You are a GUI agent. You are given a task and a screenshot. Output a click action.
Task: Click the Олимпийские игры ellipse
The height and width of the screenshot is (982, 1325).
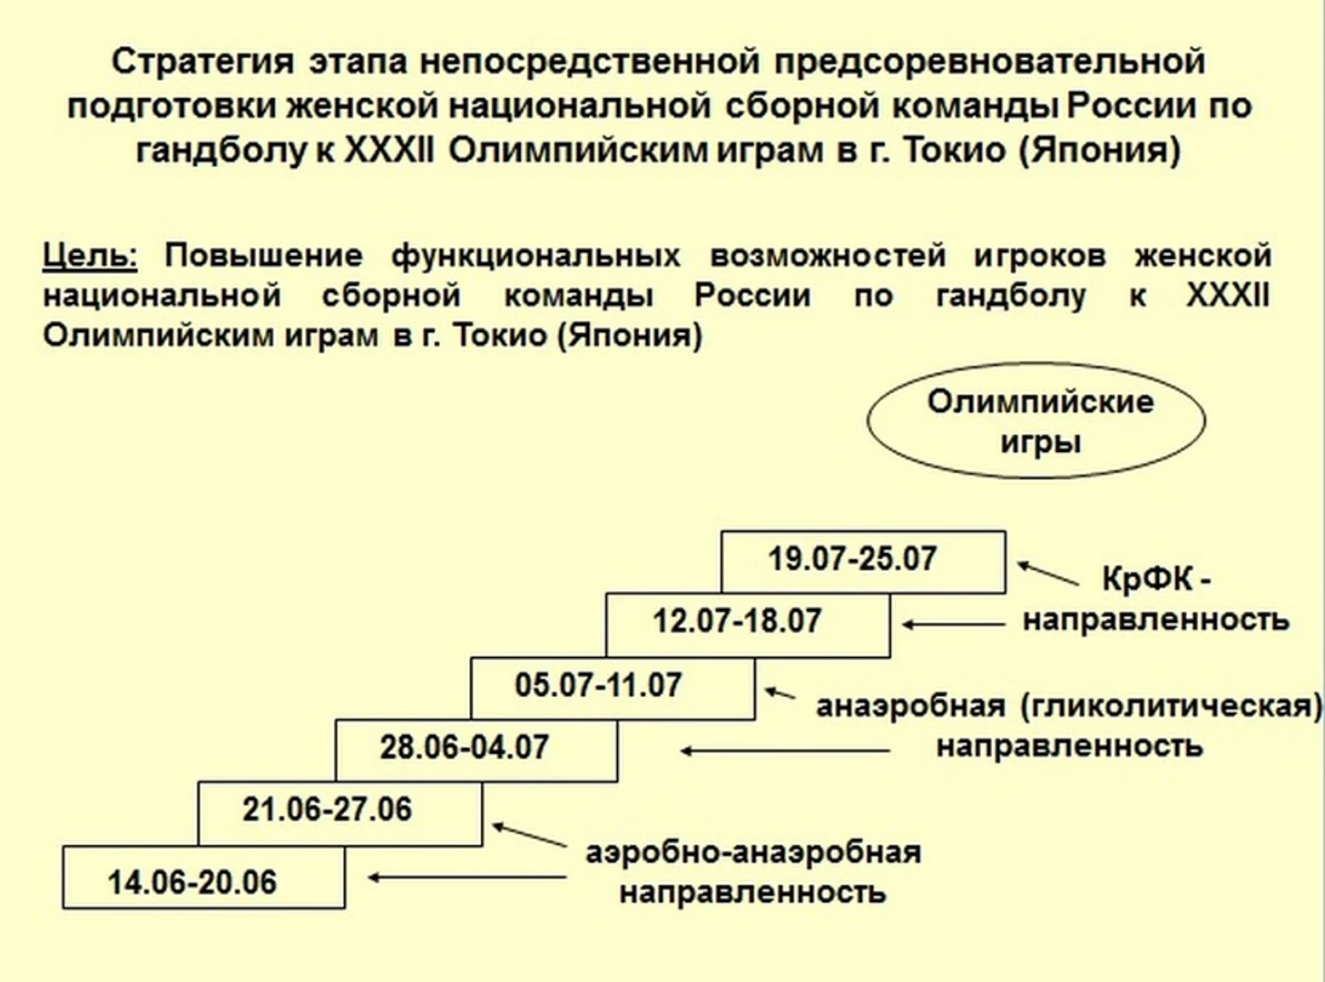pyautogui.click(x=1036, y=421)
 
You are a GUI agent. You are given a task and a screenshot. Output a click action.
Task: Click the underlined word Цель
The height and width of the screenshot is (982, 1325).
pyautogui.click(x=89, y=256)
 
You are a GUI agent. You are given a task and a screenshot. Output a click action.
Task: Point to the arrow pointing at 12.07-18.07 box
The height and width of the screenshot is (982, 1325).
pyautogui.click(x=953, y=624)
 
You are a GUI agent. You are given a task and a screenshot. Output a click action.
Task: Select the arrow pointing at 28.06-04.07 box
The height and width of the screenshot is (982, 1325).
pyautogui.click(x=785, y=751)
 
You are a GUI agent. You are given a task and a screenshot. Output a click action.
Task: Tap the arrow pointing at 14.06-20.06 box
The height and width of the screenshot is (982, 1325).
pyautogui.click(x=467, y=878)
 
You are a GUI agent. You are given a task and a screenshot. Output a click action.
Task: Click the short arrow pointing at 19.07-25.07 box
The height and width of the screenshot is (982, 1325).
pyautogui.click(x=1047, y=574)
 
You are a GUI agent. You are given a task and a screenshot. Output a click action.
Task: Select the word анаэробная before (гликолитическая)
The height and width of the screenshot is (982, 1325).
pyautogui.click(x=910, y=706)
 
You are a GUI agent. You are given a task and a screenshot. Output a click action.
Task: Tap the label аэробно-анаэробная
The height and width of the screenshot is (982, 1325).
pyautogui.click(x=753, y=853)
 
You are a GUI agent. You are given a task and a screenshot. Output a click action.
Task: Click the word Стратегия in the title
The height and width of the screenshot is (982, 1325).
pyautogui.click(x=203, y=62)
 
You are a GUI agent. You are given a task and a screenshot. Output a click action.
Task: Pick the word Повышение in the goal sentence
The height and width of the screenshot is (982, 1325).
pyautogui.click(x=263, y=256)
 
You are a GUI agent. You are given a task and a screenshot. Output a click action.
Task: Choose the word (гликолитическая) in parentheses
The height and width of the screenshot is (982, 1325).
pyautogui.click(x=1172, y=706)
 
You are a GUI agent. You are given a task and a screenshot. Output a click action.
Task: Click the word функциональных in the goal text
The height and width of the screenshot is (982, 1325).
pyautogui.click(x=535, y=256)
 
